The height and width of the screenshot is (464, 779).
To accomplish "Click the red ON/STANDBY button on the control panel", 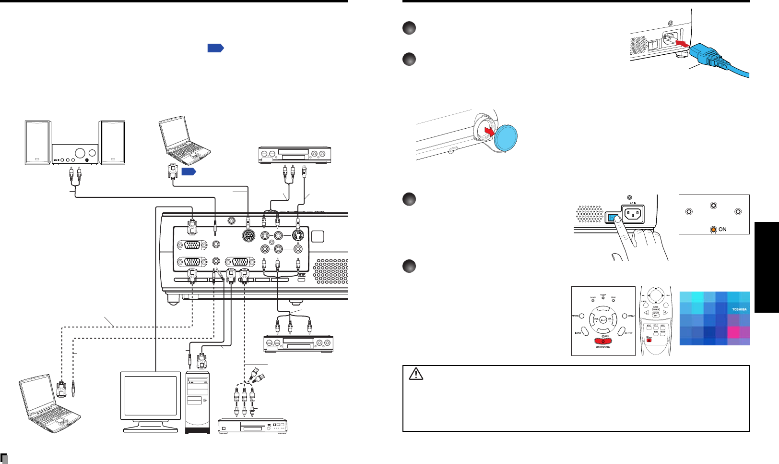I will [603, 341].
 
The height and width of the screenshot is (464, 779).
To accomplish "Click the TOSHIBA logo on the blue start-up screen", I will [739, 309].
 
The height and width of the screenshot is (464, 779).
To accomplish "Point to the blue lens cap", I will [505, 138].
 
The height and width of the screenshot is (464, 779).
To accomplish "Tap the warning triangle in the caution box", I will [416, 374].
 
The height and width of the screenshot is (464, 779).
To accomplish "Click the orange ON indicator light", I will [713, 229].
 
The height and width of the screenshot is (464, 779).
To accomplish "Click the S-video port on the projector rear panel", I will [298, 236].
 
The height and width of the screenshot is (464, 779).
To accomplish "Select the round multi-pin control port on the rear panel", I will [248, 236].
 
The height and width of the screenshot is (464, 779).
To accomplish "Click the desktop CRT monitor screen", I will [150, 396].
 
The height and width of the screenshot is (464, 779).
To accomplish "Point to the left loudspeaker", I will [37, 143].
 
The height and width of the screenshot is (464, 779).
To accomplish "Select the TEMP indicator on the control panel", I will [603, 298].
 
